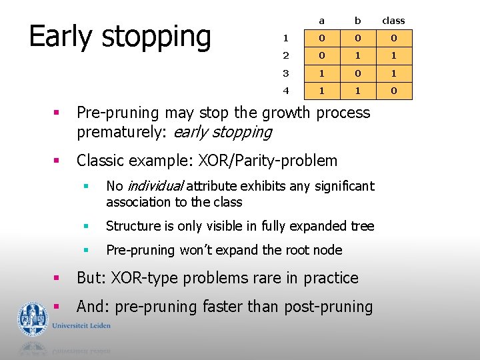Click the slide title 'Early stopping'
point(120,37)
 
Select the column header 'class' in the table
point(393,21)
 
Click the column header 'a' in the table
point(321,21)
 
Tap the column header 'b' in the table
point(357,21)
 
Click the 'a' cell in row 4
point(321,90)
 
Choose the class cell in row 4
point(393,90)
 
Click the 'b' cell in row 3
point(357,73)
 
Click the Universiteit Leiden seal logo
point(33,319)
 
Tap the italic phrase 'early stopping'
point(222,132)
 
